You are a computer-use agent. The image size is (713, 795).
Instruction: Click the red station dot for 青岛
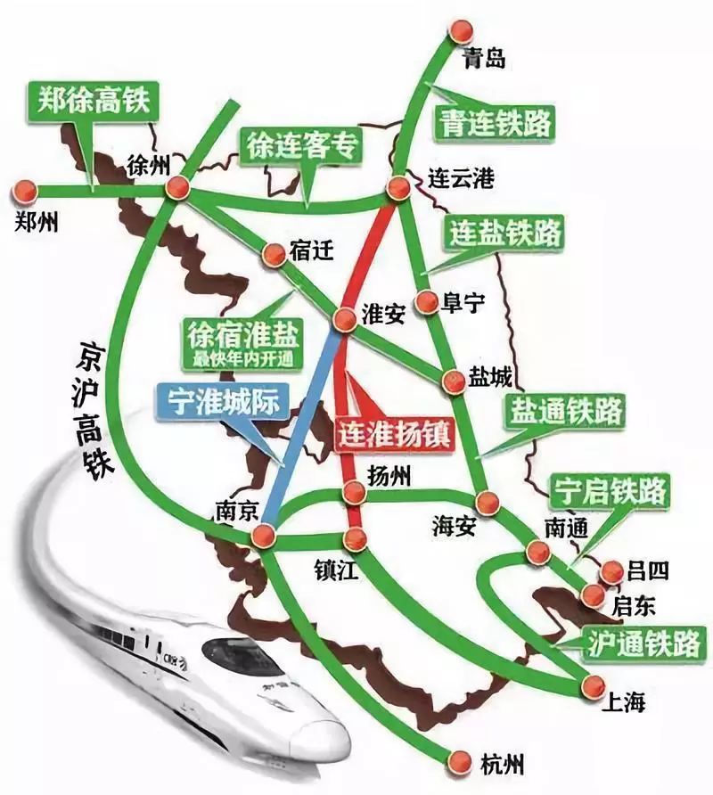tap(460, 31)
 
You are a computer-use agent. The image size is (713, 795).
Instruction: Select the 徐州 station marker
tap(177, 187)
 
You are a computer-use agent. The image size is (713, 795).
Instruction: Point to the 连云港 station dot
tap(397, 187)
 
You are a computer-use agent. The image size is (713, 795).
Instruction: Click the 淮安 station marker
tap(345, 319)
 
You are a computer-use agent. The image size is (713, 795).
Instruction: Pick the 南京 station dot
tap(262, 536)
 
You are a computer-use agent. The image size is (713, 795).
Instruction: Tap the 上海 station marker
tap(588, 684)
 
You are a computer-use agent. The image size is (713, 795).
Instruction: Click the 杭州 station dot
tap(459, 759)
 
